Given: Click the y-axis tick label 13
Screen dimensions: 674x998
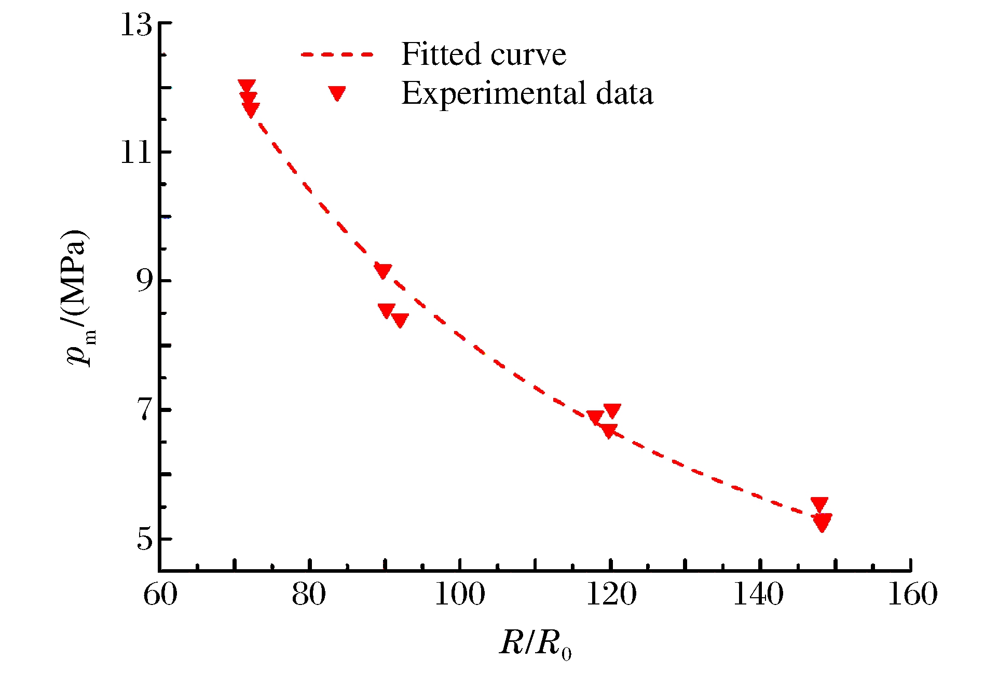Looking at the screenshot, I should pos(136,24).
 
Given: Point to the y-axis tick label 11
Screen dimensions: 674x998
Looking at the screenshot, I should pos(136,153).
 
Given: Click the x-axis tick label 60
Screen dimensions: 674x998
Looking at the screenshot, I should pos(160,595).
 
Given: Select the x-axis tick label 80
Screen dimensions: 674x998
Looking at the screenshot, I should pos(309,595).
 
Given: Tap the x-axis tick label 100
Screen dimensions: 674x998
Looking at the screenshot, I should pos(460,595).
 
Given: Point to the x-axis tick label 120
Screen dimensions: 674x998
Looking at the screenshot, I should pos(611,595).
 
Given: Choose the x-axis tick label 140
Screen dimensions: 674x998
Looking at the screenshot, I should pos(759,595).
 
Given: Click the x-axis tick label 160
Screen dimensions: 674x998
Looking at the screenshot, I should pos(912,595).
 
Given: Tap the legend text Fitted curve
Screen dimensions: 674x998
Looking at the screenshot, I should pos(484,54).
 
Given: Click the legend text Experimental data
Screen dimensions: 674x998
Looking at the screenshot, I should pos(527,93).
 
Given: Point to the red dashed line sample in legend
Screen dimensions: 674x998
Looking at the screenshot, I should pos(337,54).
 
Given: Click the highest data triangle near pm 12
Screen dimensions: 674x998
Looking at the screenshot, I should pos(247,86).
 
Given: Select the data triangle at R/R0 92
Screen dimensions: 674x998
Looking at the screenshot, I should pos(400,320).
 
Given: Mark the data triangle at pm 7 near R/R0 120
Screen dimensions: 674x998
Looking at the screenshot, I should pos(612,410).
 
